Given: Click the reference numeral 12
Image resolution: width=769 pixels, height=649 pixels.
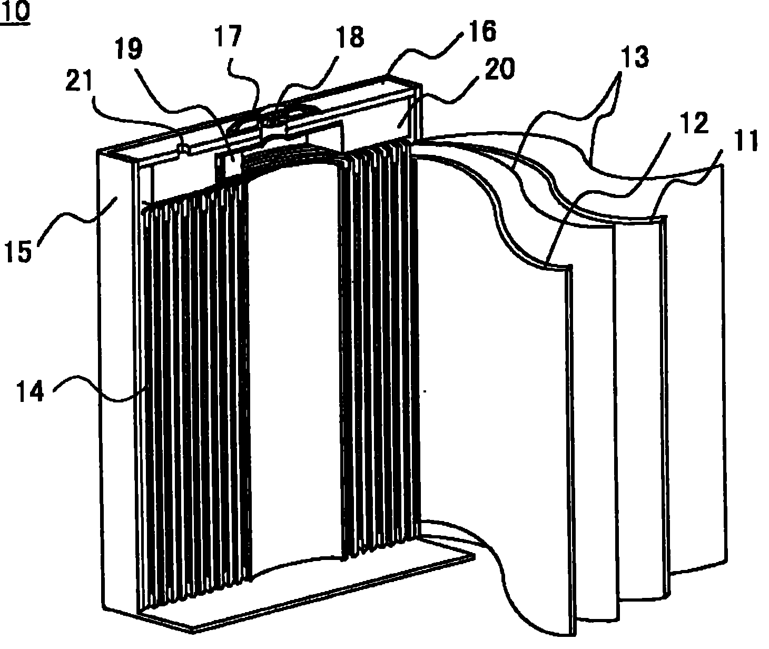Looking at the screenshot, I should pyautogui.click(x=694, y=124).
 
